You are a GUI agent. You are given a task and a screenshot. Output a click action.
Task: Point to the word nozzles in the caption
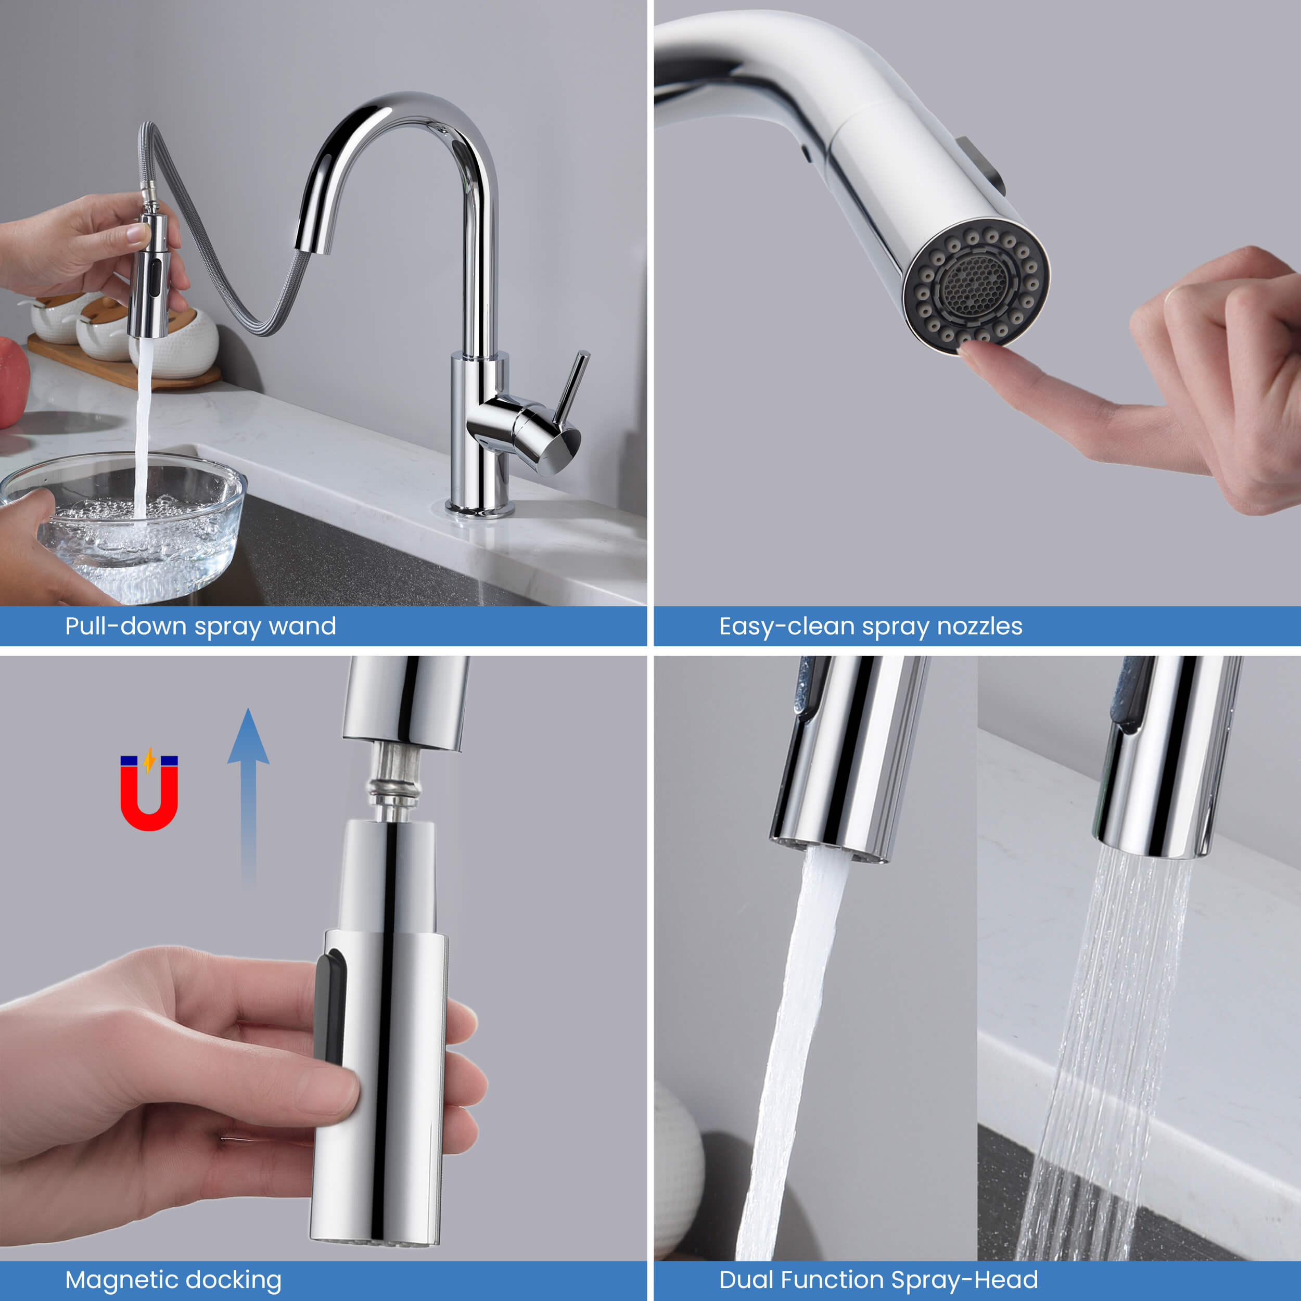tap(980, 626)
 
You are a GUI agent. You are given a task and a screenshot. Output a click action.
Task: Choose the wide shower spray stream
tap(1104, 1057)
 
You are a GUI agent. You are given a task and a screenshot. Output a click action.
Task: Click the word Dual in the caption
tap(746, 1280)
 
